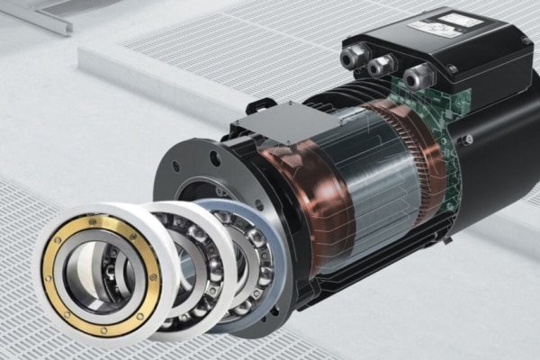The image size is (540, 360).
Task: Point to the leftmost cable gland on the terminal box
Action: (x=352, y=59)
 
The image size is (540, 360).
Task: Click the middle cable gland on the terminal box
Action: (x=382, y=66)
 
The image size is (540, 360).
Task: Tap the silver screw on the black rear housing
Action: (x=467, y=139)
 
